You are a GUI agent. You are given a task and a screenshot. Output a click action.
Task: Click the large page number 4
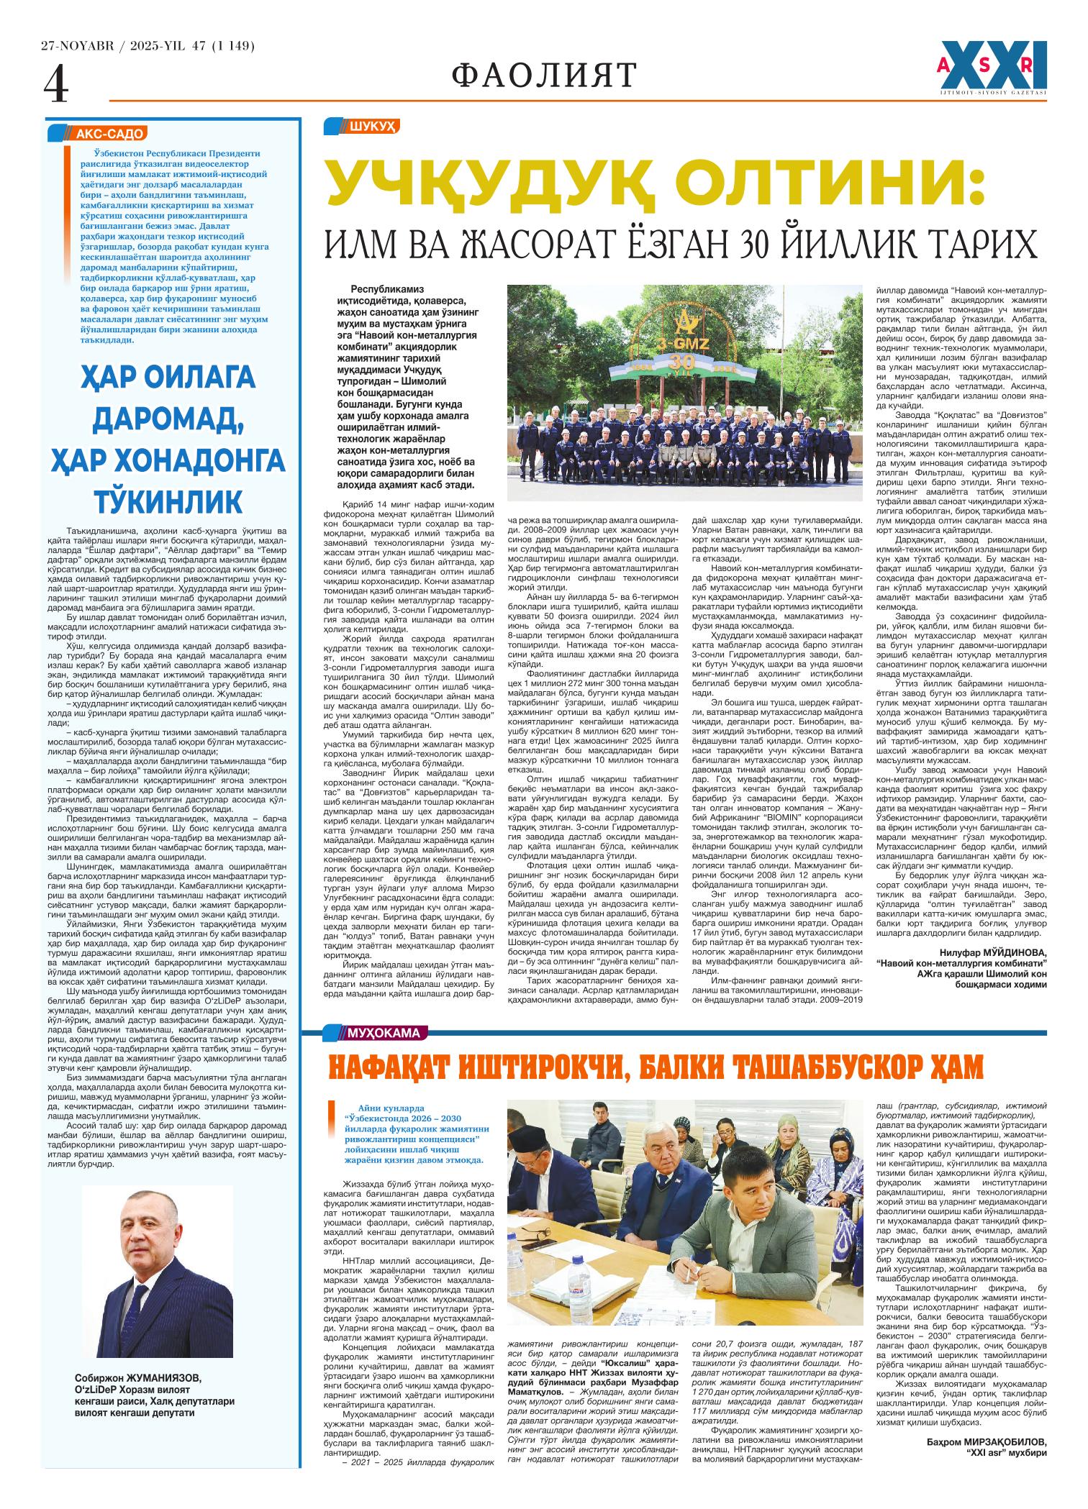[56, 86]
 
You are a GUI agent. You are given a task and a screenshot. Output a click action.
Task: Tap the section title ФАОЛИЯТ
[545, 75]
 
